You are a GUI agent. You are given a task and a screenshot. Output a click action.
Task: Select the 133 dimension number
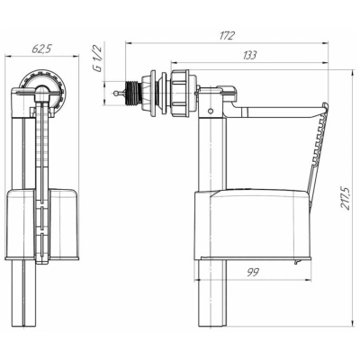pos(249,55)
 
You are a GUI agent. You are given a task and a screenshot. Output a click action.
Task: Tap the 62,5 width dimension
pos(41,49)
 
